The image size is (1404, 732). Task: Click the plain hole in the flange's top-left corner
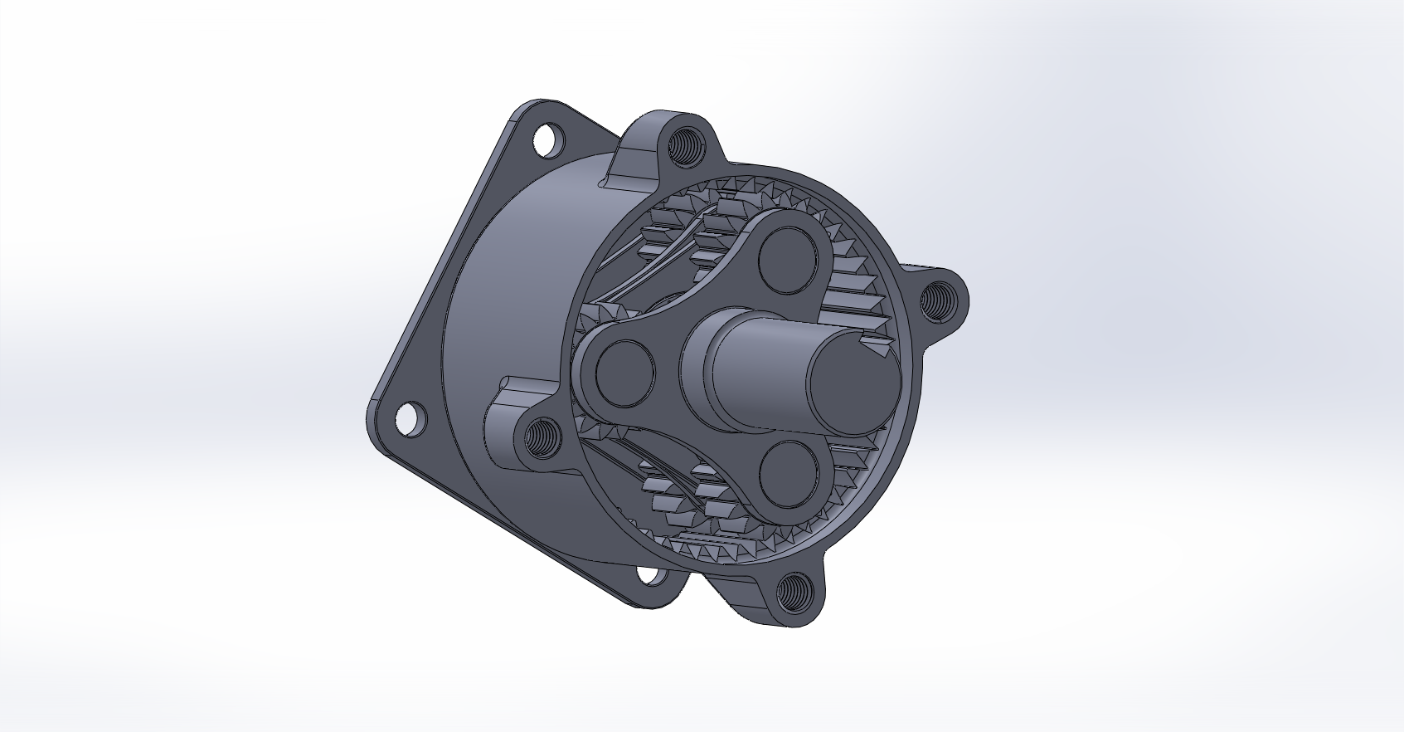tap(548, 139)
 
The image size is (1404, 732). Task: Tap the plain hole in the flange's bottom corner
tap(649, 574)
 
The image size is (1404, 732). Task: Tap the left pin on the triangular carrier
tap(624, 368)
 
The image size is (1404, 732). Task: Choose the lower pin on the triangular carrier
tap(785, 471)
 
